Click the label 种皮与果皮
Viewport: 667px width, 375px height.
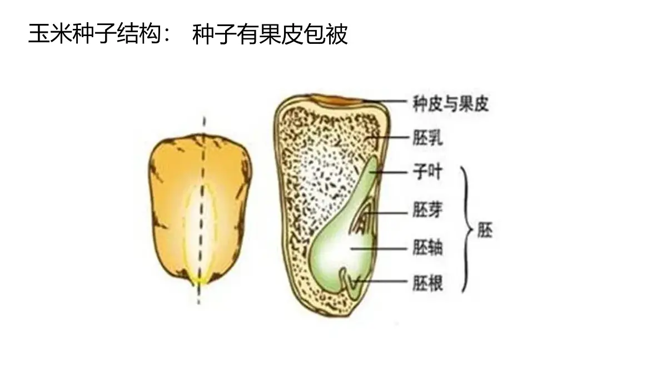(x=451, y=103)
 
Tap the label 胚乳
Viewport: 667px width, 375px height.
(x=427, y=138)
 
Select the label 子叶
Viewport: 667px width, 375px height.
(x=427, y=172)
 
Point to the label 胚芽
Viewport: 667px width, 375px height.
(x=427, y=209)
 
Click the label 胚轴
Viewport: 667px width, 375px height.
(x=427, y=248)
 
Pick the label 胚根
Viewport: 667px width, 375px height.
(x=427, y=282)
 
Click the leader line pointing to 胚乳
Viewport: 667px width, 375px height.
(x=386, y=138)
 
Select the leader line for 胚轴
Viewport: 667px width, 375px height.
(x=379, y=248)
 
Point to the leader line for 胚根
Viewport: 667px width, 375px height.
(x=381, y=281)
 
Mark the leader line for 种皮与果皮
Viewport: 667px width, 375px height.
(x=385, y=101)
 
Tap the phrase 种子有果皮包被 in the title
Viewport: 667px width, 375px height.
(x=270, y=34)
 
